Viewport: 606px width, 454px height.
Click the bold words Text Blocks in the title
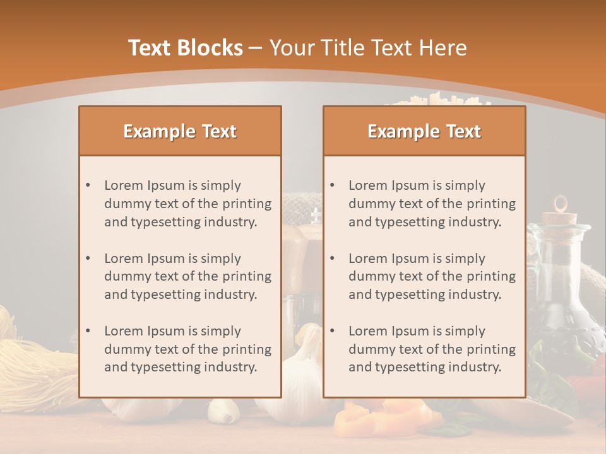[186, 48]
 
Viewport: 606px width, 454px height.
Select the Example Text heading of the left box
[180, 131]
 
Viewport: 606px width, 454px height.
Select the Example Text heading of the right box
[424, 131]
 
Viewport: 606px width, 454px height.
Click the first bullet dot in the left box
[88, 185]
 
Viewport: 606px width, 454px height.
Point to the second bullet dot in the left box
[88, 259]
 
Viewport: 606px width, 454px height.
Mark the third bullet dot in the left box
[88, 331]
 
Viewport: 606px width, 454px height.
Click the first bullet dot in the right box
[332, 185]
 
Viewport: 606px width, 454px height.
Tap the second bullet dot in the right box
[332, 259]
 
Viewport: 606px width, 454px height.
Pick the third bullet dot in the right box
[332, 331]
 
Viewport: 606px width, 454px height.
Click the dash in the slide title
[256, 48]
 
